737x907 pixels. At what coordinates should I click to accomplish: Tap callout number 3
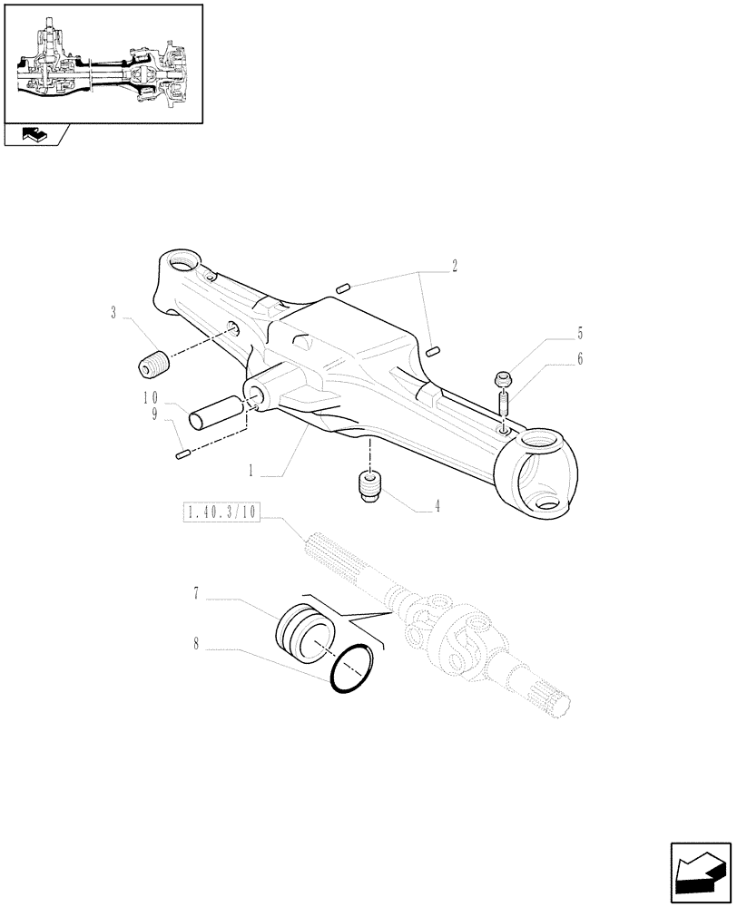(x=113, y=314)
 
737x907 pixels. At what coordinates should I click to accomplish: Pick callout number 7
(x=196, y=594)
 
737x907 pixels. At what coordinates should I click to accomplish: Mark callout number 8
(x=196, y=647)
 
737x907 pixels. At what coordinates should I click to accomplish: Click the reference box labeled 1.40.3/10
(x=221, y=513)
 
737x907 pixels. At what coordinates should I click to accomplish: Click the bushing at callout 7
(x=306, y=629)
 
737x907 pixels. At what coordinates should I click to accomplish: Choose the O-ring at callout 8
(x=353, y=669)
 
